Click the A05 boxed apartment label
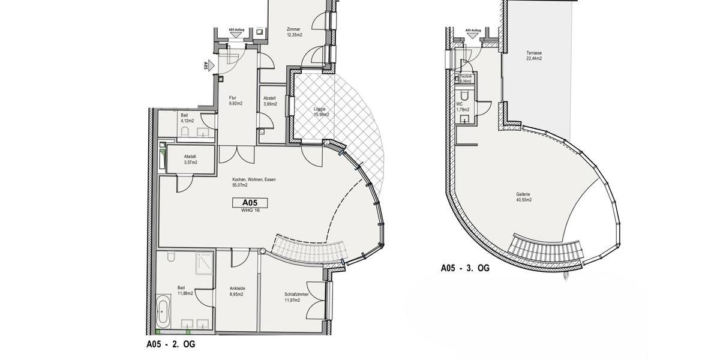tap(250, 203)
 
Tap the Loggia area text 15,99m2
tap(321, 112)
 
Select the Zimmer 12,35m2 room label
tap(294, 32)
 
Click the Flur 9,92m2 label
tap(235, 100)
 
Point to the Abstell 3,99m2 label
tap(269, 101)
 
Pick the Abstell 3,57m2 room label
tap(190, 160)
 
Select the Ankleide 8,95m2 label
tap(237, 291)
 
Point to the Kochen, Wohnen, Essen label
tap(254, 182)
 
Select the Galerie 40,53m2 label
tap(523, 197)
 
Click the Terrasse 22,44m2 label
tap(534, 55)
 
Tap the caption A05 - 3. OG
tap(465, 268)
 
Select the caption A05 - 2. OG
tap(170, 344)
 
